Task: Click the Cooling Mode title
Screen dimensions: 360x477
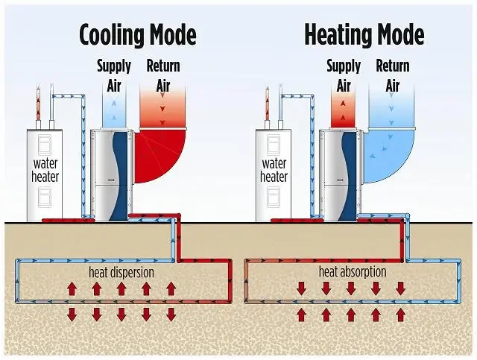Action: point(138,35)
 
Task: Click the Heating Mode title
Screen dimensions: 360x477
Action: point(364,35)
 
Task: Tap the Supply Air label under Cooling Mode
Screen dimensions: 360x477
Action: point(114,75)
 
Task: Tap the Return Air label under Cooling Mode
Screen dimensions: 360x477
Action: point(163,75)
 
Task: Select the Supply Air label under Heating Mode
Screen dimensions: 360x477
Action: point(343,75)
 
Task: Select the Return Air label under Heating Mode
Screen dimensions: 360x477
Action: point(392,75)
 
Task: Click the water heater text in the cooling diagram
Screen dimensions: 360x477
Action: point(45,169)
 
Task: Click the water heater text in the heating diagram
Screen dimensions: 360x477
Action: point(274,169)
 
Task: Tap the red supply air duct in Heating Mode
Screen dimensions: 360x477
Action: point(343,112)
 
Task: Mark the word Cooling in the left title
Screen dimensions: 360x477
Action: point(111,35)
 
